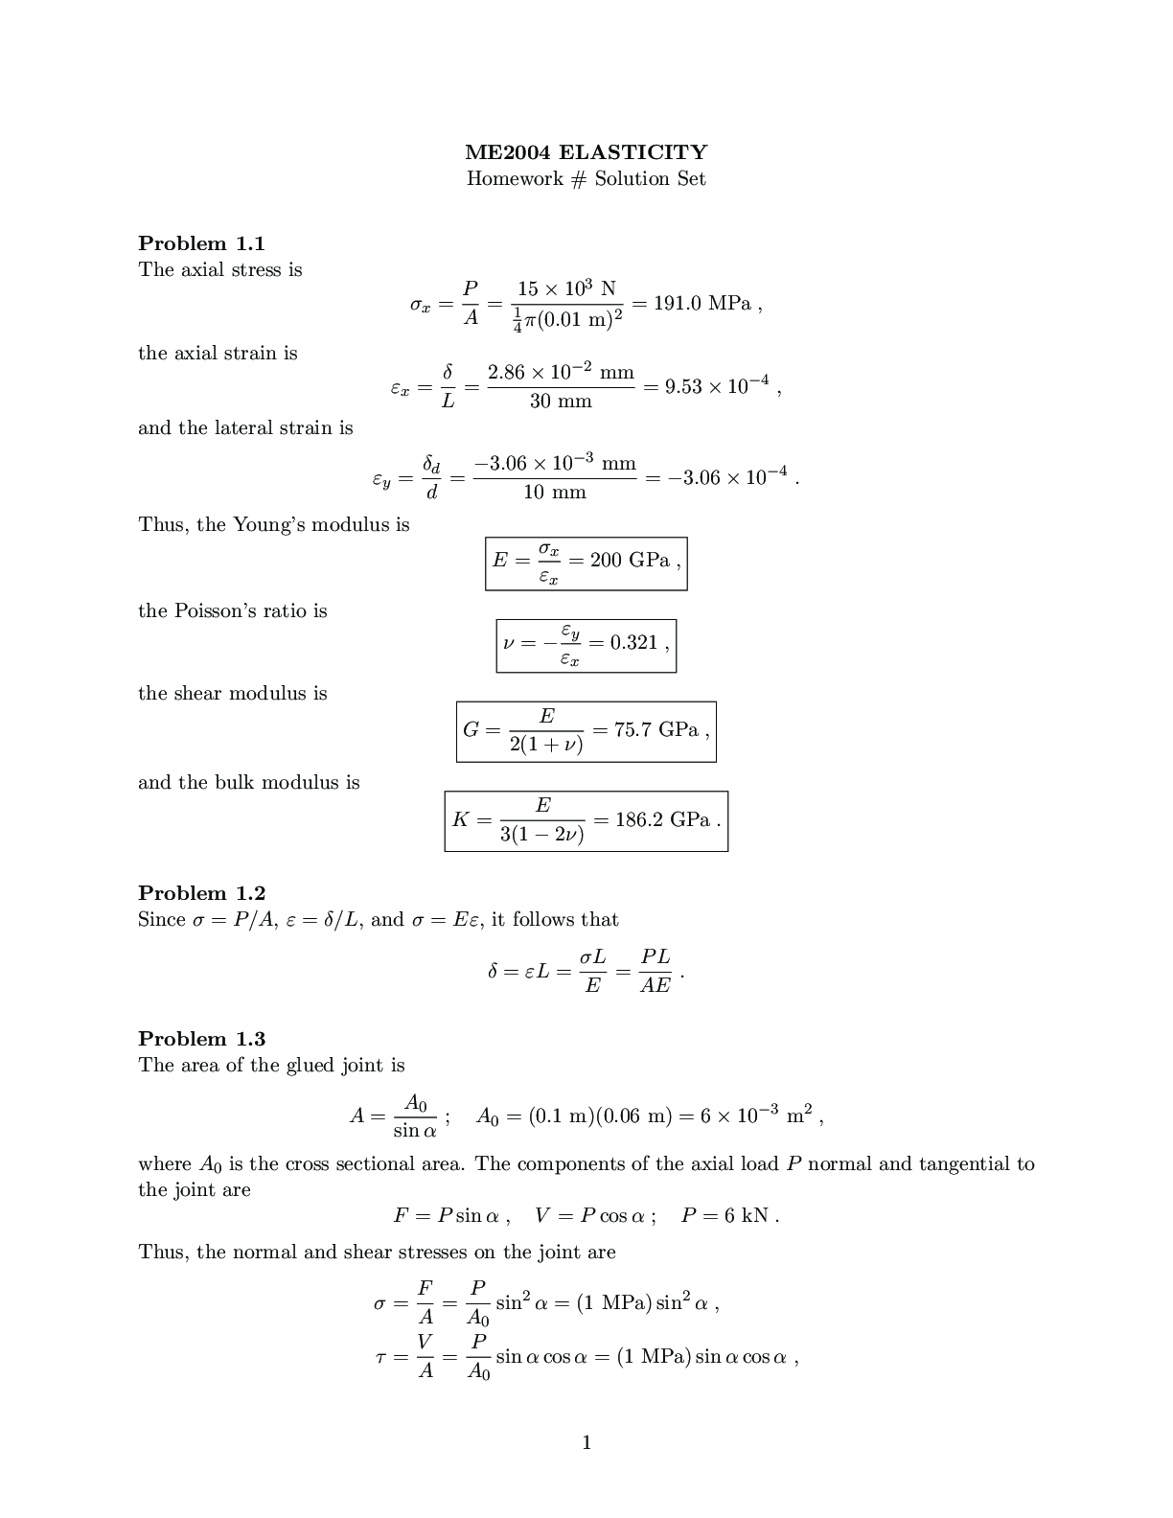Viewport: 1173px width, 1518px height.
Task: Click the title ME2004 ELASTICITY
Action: pyautogui.click(x=586, y=152)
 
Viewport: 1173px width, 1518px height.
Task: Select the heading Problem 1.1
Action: pyautogui.click(x=201, y=243)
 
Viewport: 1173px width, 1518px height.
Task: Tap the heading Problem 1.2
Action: pyautogui.click(x=201, y=893)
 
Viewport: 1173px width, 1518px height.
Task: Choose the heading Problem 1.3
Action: pyautogui.click(x=201, y=1039)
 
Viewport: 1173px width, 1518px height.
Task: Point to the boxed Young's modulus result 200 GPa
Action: pyautogui.click(x=630, y=561)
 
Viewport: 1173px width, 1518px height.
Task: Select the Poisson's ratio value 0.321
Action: pyautogui.click(x=633, y=643)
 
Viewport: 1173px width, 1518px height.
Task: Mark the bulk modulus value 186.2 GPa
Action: pyautogui.click(x=662, y=820)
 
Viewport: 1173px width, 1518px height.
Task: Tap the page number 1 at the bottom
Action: pyautogui.click(x=586, y=1442)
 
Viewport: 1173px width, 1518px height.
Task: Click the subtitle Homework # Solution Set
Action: pyautogui.click(x=586, y=179)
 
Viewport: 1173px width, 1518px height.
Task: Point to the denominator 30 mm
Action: pyautogui.click(x=561, y=402)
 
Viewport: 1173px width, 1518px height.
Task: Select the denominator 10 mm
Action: pyautogui.click(x=555, y=493)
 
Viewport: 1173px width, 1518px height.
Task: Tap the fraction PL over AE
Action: pyautogui.click(x=655, y=971)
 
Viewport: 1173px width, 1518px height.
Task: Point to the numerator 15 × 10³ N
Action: pyautogui.click(x=566, y=288)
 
